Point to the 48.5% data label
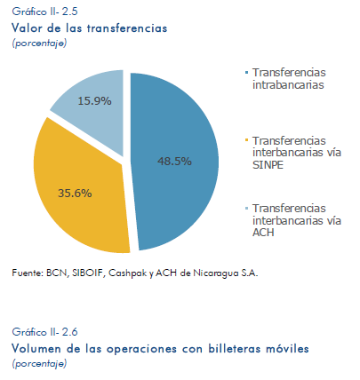coord(174,162)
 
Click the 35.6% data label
coord(75,194)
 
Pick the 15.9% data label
coord(94,101)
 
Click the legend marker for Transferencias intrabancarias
coord(246,73)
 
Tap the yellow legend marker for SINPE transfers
coord(246,139)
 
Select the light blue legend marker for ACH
coord(246,208)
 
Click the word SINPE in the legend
coord(268,165)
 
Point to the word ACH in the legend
coord(263,233)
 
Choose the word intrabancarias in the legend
coord(288,85)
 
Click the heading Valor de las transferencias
coord(90,28)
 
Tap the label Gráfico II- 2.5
coord(44,12)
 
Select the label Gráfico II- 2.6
coord(44,332)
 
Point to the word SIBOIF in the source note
coord(89,273)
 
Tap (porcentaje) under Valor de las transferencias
coord(39,44)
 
